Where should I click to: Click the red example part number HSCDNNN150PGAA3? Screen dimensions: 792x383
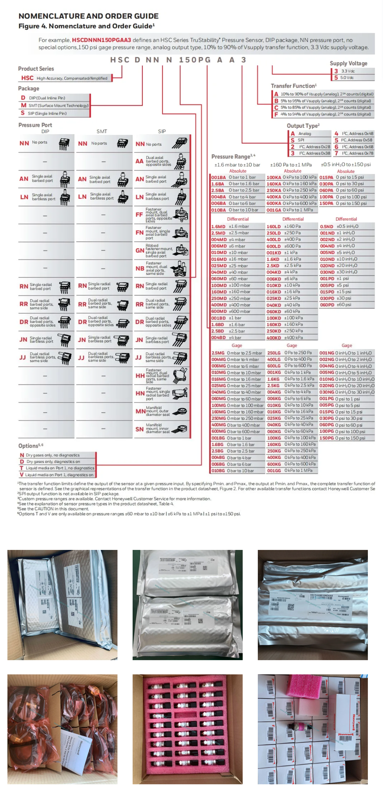point(101,40)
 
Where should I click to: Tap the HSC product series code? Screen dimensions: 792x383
point(27,78)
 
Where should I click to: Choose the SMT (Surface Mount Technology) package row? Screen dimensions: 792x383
point(55,105)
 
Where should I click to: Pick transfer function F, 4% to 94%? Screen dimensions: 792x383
point(323,114)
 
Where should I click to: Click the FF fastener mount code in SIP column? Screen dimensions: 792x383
point(139,215)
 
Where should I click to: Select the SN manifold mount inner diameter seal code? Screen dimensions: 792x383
point(139,429)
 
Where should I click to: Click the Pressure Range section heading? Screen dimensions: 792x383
point(231,156)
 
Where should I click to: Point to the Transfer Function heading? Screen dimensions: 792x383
point(293,86)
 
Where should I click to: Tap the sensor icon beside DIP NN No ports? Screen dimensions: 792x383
point(64,144)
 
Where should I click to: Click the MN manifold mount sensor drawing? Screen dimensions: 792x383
point(180,411)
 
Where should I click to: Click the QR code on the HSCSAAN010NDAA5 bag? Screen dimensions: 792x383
point(291,607)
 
